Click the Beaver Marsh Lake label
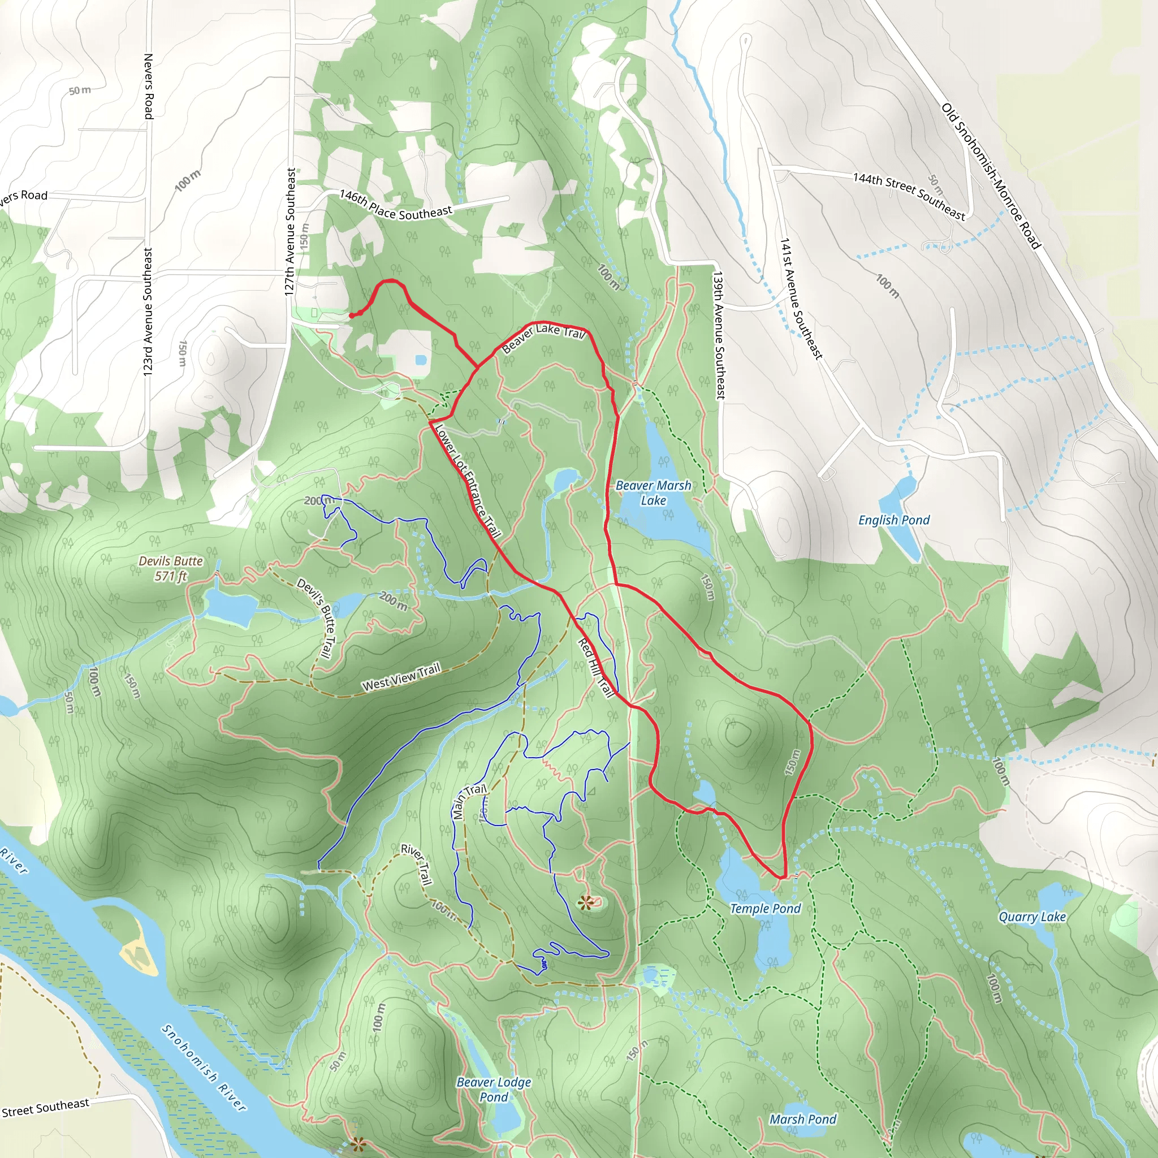pyautogui.click(x=653, y=492)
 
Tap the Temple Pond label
pyautogui.click(x=765, y=909)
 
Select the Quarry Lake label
pyautogui.click(x=1031, y=917)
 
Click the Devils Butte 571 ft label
pyautogui.click(x=170, y=568)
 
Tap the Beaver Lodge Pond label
pyautogui.click(x=493, y=1089)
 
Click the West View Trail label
pyautogui.click(x=401, y=677)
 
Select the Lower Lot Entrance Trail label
pyautogui.click(x=468, y=481)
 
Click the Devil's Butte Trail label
pyautogui.click(x=318, y=618)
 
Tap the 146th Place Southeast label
pyautogui.click(x=396, y=204)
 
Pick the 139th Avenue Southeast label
pyautogui.click(x=719, y=335)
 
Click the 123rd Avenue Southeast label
pyautogui.click(x=148, y=312)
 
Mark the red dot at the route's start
pyautogui.click(x=351, y=316)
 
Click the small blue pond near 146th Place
pyautogui.click(x=420, y=360)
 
